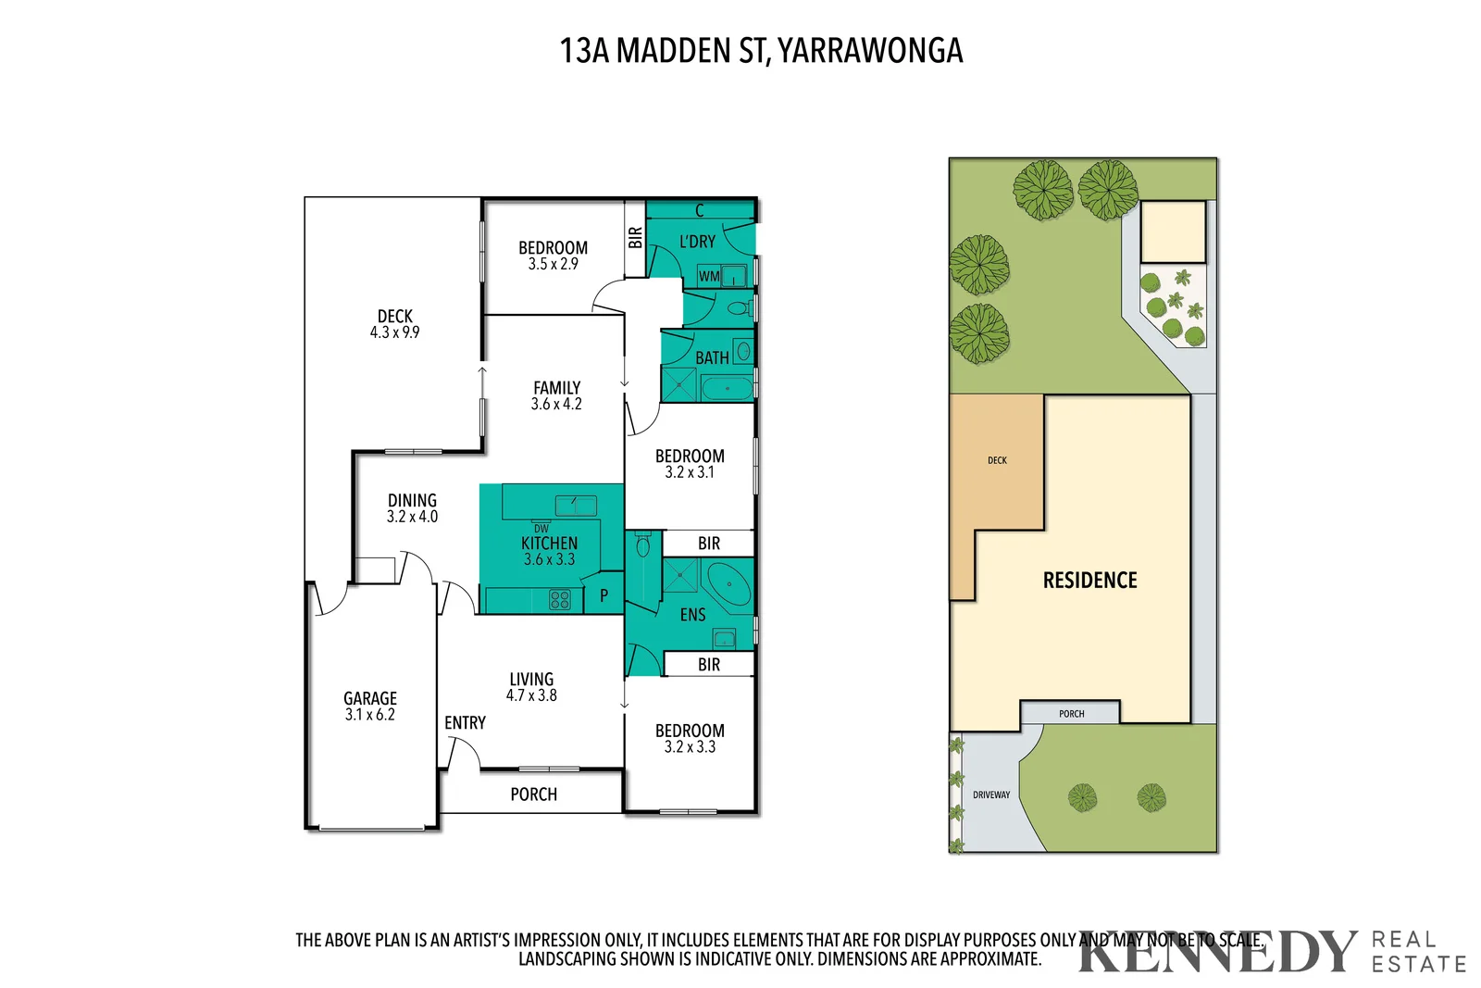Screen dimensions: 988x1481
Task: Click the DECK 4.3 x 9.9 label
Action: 395,324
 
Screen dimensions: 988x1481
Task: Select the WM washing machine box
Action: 709,276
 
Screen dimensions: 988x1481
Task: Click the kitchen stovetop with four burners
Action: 560,599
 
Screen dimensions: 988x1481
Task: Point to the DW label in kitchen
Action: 541,529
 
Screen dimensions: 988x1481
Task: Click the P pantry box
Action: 604,595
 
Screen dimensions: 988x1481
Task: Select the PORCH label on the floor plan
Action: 533,794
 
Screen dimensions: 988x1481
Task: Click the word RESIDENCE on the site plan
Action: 1089,581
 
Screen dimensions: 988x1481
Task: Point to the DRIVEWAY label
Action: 990,794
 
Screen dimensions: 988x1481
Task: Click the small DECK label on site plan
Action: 997,460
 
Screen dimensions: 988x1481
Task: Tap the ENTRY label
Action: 465,722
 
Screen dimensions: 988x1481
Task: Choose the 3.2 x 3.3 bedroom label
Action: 690,739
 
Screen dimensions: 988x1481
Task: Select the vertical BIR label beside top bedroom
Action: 635,238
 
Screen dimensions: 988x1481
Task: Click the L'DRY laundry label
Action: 697,242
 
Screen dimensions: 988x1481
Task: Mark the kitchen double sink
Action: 576,505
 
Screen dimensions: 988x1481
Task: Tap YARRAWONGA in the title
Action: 870,51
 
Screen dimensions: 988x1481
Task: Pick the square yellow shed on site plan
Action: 1173,232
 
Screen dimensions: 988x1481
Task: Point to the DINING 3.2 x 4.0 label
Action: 412,508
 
